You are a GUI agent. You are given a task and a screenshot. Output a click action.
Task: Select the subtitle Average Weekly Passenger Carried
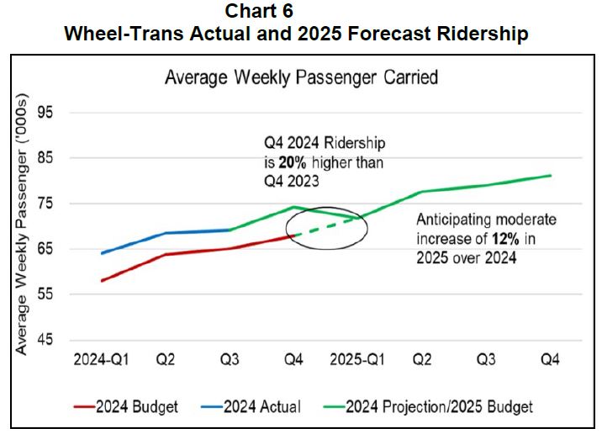pos(301,77)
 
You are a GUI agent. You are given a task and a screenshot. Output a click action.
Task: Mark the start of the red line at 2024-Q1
pos(102,281)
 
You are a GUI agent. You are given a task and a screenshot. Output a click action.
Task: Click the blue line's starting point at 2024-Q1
pos(102,253)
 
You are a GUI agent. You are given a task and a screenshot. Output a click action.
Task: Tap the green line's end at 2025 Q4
pos(550,176)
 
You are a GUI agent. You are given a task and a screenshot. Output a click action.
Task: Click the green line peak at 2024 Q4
pos(293,207)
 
